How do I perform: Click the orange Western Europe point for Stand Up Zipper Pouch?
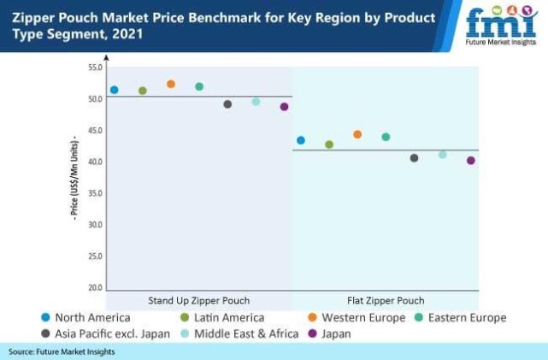pyautogui.click(x=171, y=84)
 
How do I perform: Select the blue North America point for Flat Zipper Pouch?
pyautogui.click(x=301, y=140)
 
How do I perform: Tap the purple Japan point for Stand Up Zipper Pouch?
pyautogui.click(x=285, y=107)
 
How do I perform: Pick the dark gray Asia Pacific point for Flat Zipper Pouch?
pyautogui.click(x=415, y=158)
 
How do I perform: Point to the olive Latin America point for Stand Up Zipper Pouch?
pyautogui.click(x=143, y=91)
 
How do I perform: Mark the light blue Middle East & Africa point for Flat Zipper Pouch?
pyautogui.click(x=443, y=155)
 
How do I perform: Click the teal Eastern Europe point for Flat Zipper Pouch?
pyautogui.click(x=386, y=137)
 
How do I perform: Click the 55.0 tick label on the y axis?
pyautogui.click(x=95, y=67)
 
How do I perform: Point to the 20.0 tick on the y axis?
pyautogui.click(x=95, y=288)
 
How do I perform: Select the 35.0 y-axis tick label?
pyautogui.click(x=95, y=193)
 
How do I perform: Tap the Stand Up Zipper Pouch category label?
pyautogui.click(x=197, y=300)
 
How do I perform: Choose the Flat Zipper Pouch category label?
pyautogui.click(x=386, y=300)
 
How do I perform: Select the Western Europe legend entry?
pyautogui.click(x=362, y=317)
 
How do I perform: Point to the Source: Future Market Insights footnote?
pyautogui.click(x=62, y=351)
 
